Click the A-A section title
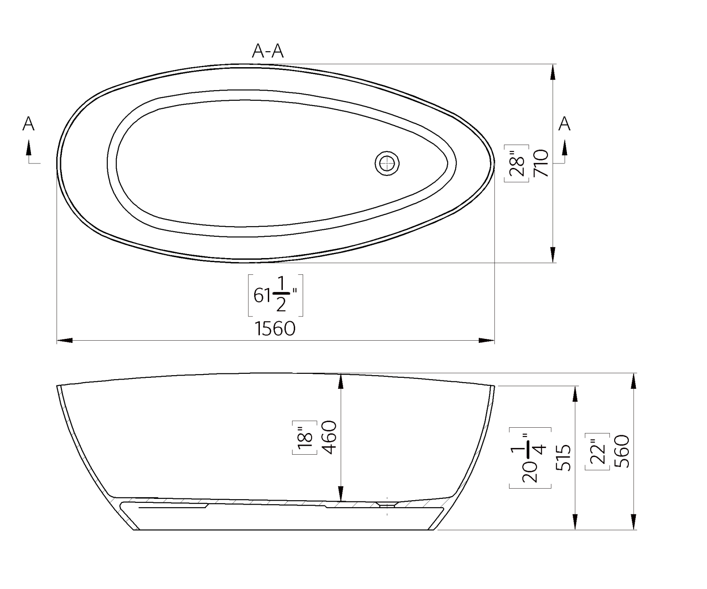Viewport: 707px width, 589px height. click(x=267, y=51)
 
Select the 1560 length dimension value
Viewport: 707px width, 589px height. click(x=275, y=329)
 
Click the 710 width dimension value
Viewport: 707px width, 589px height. click(x=542, y=163)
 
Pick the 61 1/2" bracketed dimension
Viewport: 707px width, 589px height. click(x=275, y=295)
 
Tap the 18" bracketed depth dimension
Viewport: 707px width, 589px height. click(x=305, y=437)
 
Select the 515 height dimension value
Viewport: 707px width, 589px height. click(x=564, y=457)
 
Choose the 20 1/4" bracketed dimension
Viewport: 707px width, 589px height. click(x=530, y=457)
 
